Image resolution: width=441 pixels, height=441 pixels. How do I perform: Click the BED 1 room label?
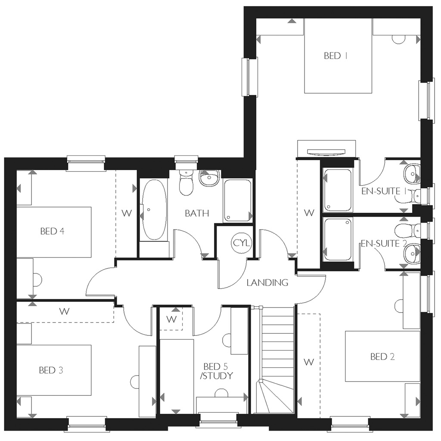coord(332,56)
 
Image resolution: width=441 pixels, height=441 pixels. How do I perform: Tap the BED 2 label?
coord(382,357)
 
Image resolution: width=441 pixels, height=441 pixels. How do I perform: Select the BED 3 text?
coord(51,370)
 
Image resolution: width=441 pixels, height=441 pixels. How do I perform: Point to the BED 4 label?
coord(52,232)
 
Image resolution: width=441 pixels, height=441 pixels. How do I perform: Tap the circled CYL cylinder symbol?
coord(241,243)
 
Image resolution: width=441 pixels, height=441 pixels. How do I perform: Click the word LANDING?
coord(267,283)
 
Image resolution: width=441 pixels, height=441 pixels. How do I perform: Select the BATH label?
coord(197,213)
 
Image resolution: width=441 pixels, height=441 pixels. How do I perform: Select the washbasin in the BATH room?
coord(209,177)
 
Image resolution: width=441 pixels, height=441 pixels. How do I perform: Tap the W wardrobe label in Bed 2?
coord(309,363)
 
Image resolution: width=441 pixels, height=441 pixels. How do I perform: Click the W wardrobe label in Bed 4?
coord(127,213)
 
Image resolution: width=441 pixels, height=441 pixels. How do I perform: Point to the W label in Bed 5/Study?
coord(171,319)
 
